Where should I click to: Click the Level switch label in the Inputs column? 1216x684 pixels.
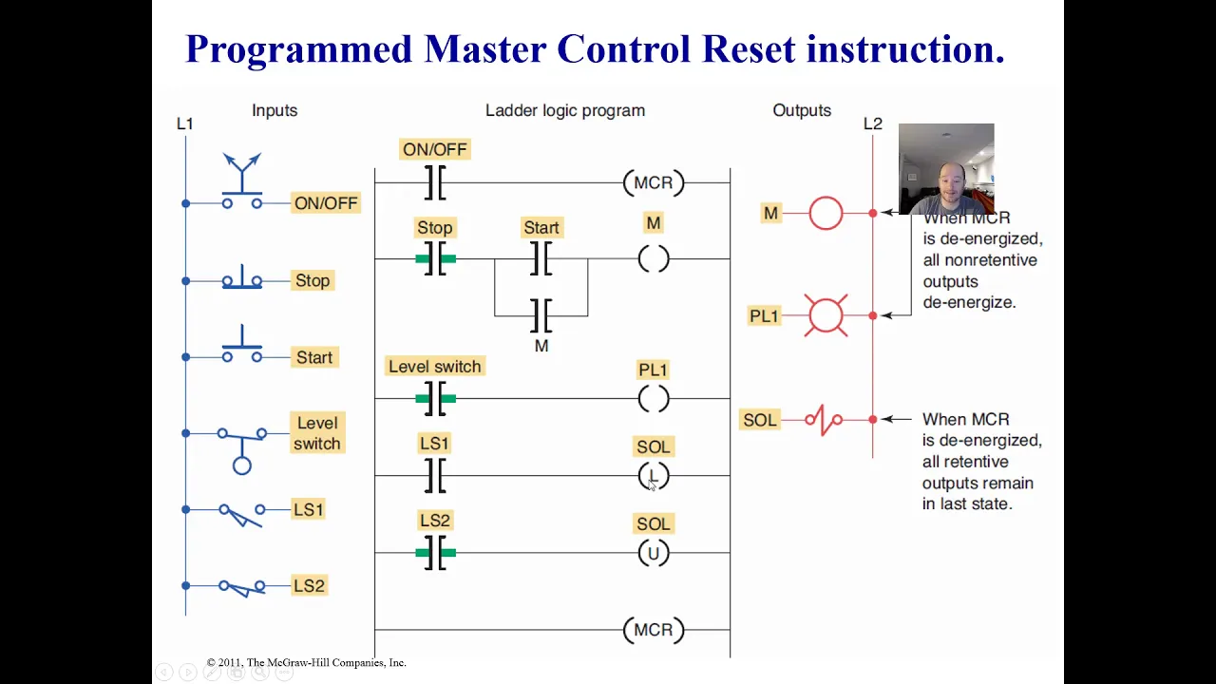pos(317,433)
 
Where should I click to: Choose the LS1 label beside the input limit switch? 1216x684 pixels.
pos(309,510)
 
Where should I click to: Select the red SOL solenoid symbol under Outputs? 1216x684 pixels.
pos(824,420)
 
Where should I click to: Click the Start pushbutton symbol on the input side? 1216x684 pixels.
pos(242,347)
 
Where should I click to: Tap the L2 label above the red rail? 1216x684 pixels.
pos(873,123)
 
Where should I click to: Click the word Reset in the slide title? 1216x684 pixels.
pos(750,48)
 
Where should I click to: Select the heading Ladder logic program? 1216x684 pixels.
pos(565,111)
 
